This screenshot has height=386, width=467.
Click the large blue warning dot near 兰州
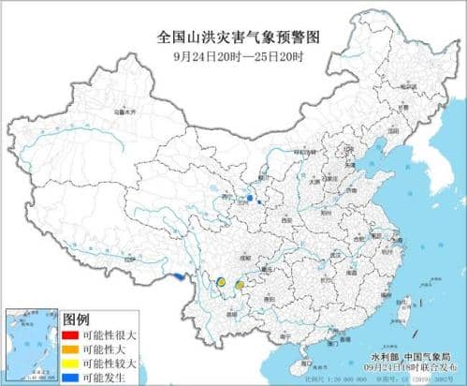250,199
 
